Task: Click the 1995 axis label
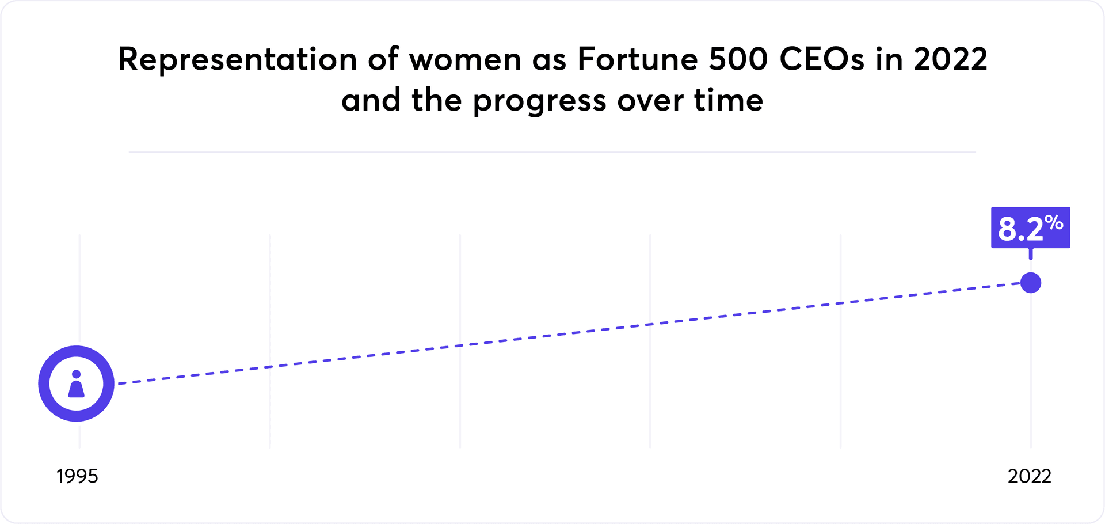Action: pos(77,476)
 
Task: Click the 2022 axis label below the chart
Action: pos(1029,476)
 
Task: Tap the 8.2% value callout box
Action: pos(1030,227)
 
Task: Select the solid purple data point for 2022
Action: pos(1030,283)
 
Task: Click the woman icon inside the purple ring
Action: pos(76,384)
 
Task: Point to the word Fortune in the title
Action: pos(637,59)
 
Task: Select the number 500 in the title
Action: pos(738,59)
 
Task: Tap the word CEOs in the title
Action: pos(822,59)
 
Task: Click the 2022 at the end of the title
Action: pos(950,59)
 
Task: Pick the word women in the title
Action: pos(465,59)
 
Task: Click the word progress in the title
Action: pos(539,101)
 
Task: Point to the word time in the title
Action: pos(729,100)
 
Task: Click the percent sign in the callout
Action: pos(1054,222)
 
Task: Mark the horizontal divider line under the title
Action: pos(552,152)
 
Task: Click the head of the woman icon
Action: pos(76,374)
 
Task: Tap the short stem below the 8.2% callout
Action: pos(1030,254)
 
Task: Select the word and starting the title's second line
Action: pos(371,100)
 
